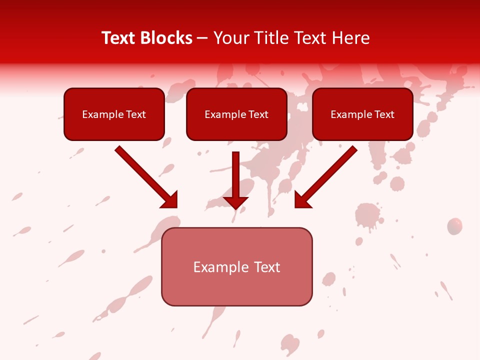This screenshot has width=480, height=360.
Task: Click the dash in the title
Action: (x=202, y=38)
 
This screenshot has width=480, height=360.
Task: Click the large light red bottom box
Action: (x=236, y=287)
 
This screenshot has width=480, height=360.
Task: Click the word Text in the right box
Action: (x=384, y=114)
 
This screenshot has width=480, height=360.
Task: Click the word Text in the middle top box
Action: (x=258, y=114)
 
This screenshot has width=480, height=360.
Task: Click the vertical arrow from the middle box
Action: (x=235, y=175)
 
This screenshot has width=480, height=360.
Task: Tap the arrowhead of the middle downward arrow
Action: (x=235, y=202)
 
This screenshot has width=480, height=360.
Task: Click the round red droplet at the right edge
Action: (x=454, y=226)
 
